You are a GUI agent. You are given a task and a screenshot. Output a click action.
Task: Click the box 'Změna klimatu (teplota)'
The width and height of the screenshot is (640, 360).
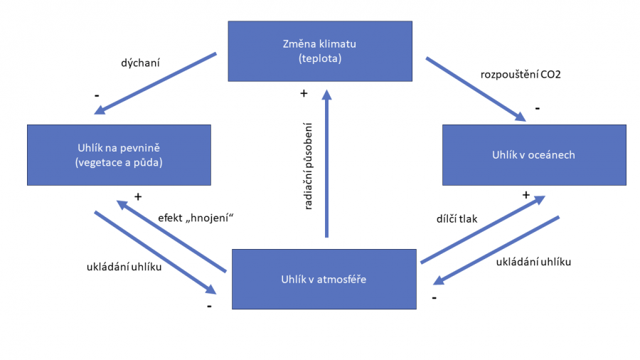[319, 51]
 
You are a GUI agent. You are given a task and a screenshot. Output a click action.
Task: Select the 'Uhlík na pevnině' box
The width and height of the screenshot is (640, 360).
[119, 155]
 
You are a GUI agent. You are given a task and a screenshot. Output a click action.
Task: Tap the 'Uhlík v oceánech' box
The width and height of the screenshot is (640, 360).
[533, 154]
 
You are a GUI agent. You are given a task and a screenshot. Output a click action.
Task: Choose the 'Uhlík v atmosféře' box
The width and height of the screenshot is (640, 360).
[324, 279]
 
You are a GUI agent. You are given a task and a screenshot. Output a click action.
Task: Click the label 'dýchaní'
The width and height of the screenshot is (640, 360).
[140, 63]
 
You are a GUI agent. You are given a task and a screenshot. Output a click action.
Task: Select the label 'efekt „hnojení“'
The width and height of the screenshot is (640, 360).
[196, 218]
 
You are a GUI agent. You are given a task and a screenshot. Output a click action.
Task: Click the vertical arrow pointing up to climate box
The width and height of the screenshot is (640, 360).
[326, 164]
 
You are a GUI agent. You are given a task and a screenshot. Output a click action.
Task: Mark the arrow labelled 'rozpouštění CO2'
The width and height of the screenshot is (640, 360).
[475, 88]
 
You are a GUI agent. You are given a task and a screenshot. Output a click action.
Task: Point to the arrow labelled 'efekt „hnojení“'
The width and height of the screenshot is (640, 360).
[171, 236]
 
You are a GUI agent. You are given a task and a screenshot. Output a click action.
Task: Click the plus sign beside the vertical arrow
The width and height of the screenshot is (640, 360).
[304, 93]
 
